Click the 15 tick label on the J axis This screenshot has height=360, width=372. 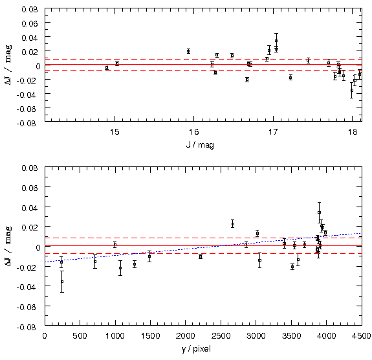pos(115,132)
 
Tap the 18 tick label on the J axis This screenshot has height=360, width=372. pos(353,132)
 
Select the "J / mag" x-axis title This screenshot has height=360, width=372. pos(200,144)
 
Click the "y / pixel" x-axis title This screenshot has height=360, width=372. pos(196,349)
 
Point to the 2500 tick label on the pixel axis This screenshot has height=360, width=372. pos(221,336)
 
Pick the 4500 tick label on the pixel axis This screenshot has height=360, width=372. pos(361,336)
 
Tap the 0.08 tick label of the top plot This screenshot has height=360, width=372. pos(30,10)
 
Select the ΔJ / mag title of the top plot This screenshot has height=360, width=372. pos(8,65)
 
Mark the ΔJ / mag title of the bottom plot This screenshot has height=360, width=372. pos(8,246)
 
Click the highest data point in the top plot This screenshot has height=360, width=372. pos(276,41)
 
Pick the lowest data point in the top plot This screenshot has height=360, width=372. pos(352,90)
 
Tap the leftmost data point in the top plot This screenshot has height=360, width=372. pos(107,68)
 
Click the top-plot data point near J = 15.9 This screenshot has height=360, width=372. pos(188,51)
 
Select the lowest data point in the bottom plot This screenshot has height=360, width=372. pos(62,282)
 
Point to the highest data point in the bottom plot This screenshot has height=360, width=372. pos(320,212)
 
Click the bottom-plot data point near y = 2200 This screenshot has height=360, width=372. pos(201,256)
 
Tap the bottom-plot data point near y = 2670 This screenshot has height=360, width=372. pos(233,224)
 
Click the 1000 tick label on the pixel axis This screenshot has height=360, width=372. pos(115,336)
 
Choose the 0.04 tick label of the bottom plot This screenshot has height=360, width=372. pos(30,208)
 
